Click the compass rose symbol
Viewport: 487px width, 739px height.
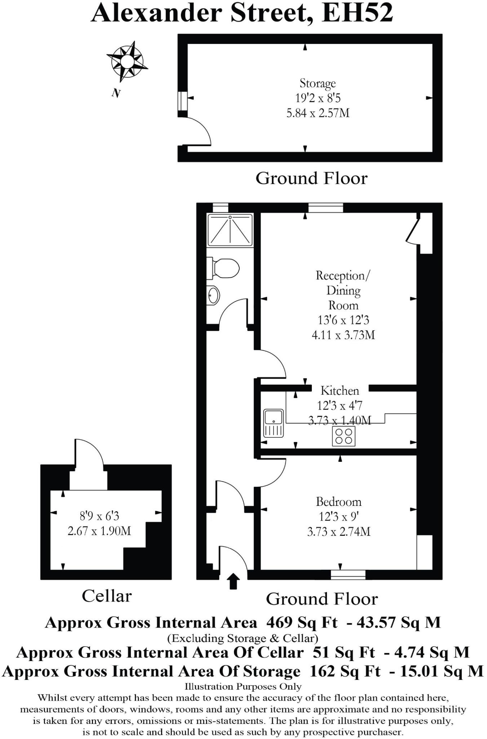coord(127,61)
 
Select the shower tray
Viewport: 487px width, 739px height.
coord(230,230)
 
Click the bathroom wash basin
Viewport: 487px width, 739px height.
coord(213,295)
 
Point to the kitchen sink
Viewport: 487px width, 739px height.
coord(274,423)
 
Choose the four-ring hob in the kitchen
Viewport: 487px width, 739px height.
coord(344,436)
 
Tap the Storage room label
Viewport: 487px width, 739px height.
coord(318,83)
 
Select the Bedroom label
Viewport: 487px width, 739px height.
coord(338,502)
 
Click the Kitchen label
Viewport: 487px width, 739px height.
coord(340,390)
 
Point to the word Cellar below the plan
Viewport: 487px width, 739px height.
coord(107,596)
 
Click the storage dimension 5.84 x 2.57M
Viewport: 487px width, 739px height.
coord(318,113)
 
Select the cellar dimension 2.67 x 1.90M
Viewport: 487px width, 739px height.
coord(99,531)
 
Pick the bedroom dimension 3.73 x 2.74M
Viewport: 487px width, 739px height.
coord(338,532)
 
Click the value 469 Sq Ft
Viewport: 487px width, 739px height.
coord(302,622)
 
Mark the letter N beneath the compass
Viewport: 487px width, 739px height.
coord(116,93)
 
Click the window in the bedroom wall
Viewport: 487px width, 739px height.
coord(348,575)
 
